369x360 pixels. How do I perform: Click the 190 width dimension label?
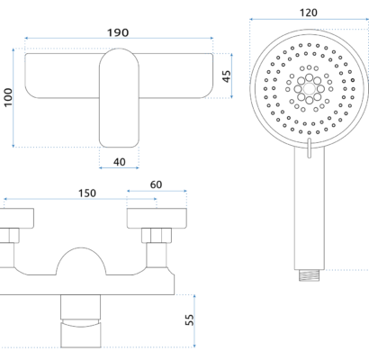point(118,32)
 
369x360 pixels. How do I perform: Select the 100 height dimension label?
point(8,97)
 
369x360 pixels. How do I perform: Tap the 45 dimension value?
point(227,76)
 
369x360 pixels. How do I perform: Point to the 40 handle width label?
point(120,162)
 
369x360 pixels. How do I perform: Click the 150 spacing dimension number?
point(87,193)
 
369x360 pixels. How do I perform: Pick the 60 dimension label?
point(156,184)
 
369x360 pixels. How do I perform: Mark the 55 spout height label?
point(190,319)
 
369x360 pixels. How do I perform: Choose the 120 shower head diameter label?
point(309,13)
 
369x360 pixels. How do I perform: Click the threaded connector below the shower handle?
point(309,275)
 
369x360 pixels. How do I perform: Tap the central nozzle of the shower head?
point(309,89)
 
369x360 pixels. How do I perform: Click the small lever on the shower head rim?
point(309,148)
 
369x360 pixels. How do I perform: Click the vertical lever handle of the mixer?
point(119,98)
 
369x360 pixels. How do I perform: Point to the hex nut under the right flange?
point(157,236)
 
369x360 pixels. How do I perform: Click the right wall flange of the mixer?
point(157,218)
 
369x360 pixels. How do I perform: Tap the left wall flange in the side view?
point(17,218)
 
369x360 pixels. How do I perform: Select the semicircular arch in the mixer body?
point(81,247)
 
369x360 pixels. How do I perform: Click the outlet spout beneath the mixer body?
point(81,321)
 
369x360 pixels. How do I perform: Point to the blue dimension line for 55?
point(194,321)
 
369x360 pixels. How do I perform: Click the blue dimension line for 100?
point(13,98)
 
